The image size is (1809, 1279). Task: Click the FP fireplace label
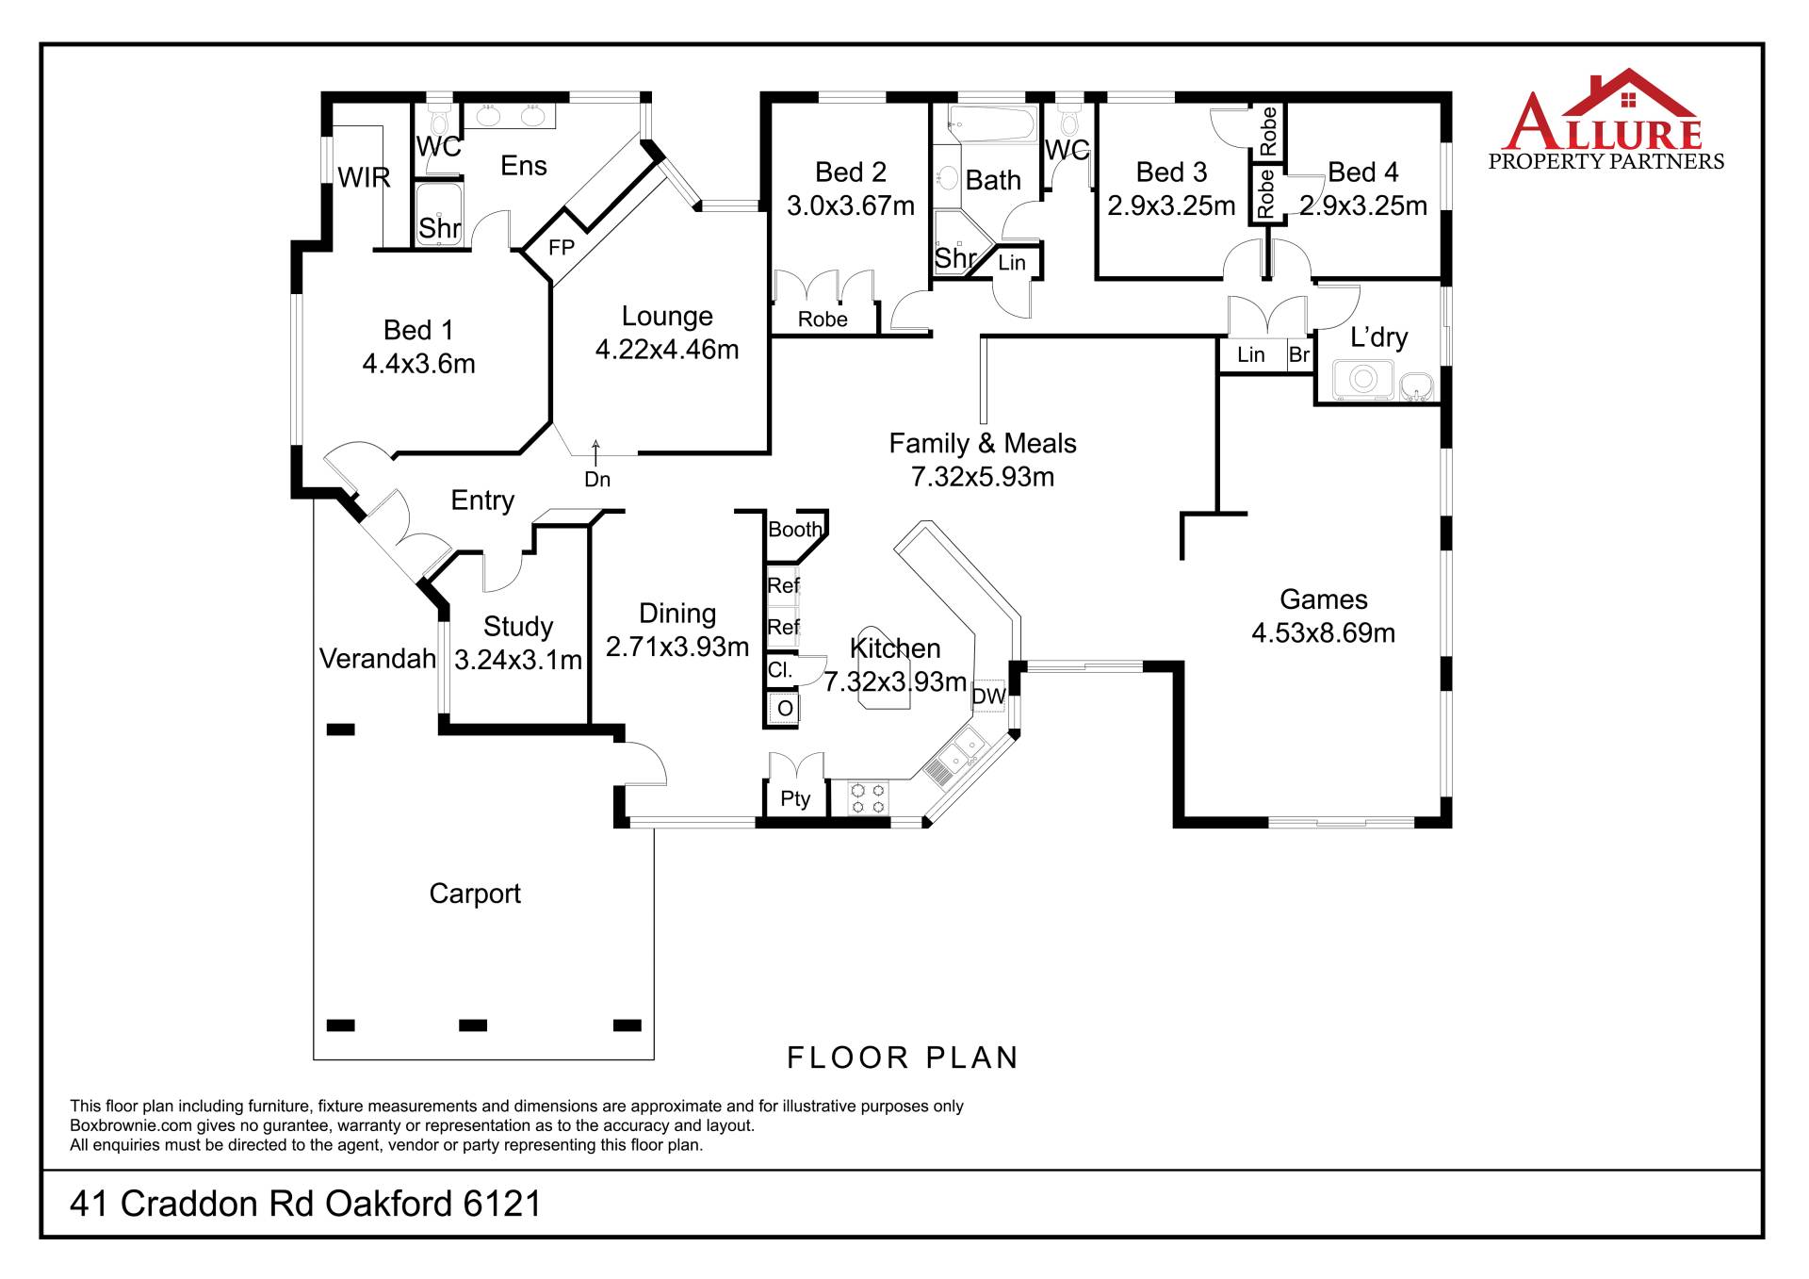tap(562, 248)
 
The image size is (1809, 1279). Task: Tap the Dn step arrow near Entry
tap(595, 450)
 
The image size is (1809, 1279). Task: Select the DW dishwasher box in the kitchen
tap(989, 696)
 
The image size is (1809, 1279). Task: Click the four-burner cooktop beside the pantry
tap(868, 798)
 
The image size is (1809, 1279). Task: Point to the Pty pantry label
tap(795, 799)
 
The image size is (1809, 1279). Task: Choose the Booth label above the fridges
tap(794, 530)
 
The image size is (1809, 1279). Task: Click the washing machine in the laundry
tap(1362, 379)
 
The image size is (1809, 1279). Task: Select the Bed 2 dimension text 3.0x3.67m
tap(851, 205)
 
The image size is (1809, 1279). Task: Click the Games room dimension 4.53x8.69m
tap(1324, 632)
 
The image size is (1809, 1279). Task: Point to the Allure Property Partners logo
tap(1605, 120)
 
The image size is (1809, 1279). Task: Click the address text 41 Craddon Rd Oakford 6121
tap(306, 1204)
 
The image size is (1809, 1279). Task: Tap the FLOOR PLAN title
tap(903, 1058)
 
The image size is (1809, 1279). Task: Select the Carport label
tap(475, 894)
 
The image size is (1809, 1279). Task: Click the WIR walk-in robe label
tap(364, 177)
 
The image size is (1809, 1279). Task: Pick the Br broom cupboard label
tap(1299, 354)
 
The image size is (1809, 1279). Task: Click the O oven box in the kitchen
tap(784, 708)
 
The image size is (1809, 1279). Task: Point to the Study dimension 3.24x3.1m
tap(518, 660)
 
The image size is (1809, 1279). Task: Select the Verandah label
tap(378, 658)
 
